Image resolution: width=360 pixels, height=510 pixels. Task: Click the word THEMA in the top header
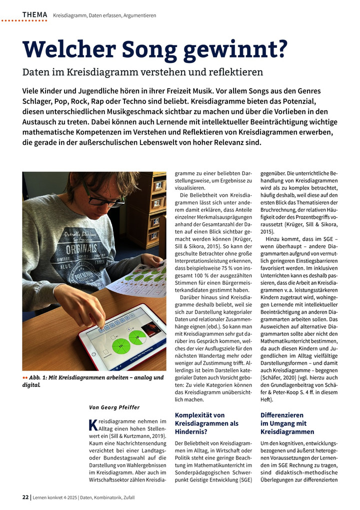(x=34, y=15)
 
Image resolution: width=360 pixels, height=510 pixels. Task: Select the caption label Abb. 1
(x=39, y=377)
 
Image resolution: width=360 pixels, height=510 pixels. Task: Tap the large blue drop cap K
(x=91, y=425)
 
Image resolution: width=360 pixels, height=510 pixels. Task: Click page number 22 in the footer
(x=25, y=497)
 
